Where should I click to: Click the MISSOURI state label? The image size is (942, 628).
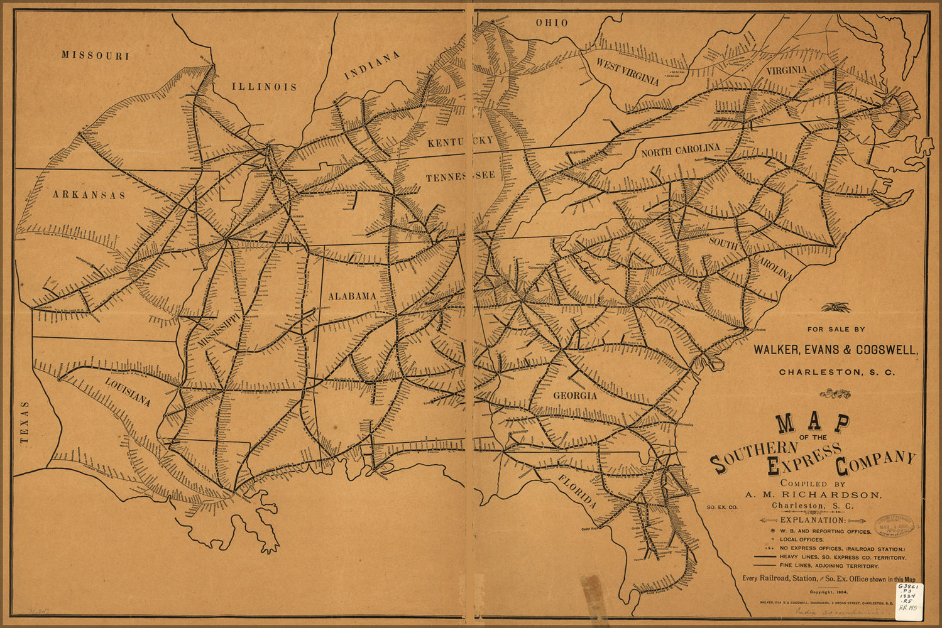[x=96, y=55]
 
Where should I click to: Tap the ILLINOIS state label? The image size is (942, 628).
[x=264, y=87]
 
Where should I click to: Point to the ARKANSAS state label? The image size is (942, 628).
[x=89, y=195]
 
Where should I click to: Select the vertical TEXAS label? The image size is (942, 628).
[x=25, y=423]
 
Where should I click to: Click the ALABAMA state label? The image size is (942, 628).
[x=352, y=296]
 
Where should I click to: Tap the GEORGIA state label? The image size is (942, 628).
[x=574, y=396]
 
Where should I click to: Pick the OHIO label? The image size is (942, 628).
[x=552, y=23]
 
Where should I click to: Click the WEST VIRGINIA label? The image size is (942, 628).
[x=627, y=72]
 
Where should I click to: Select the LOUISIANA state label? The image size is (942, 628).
[x=128, y=392]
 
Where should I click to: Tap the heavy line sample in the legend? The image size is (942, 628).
[x=763, y=557]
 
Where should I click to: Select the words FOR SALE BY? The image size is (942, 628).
[x=836, y=329]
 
